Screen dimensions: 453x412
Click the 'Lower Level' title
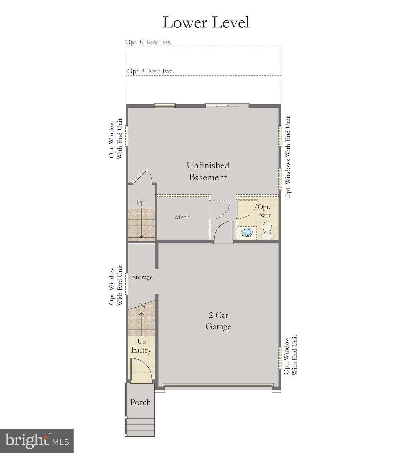pyautogui.click(x=206, y=22)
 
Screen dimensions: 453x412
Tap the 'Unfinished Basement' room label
pyautogui.click(x=208, y=171)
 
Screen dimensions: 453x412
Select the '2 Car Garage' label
pyautogui.click(x=218, y=321)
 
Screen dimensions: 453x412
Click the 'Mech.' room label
pyautogui.click(x=183, y=217)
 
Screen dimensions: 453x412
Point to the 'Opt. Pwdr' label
pyautogui.click(x=264, y=211)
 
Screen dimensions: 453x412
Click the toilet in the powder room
pyautogui.click(x=267, y=230)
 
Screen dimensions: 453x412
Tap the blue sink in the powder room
pyautogui.click(x=247, y=233)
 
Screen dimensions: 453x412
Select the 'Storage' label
pyautogui.click(x=142, y=277)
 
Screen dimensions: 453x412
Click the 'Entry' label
pyautogui.click(x=141, y=350)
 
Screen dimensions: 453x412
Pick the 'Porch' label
pyautogui.click(x=140, y=402)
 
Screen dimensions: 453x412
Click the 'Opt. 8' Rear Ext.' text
pyautogui.click(x=148, y=42)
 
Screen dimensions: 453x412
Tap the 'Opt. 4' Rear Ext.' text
pyautogui.click(x=150, y=71)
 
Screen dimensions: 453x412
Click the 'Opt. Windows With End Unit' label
pyautogui.click(x=288, y=157)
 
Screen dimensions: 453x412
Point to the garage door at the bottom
pyautogui.click(x=218, y=385)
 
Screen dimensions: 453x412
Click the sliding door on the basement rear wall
pyautogui.click(x=222, y=105)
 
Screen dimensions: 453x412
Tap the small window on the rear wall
pyautogui.click(x=165, y=105)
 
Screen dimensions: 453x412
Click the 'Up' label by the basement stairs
pyautogui.click(x=140, y=203)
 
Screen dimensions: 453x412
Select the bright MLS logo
pyautogui.click(x=37, y=441)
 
